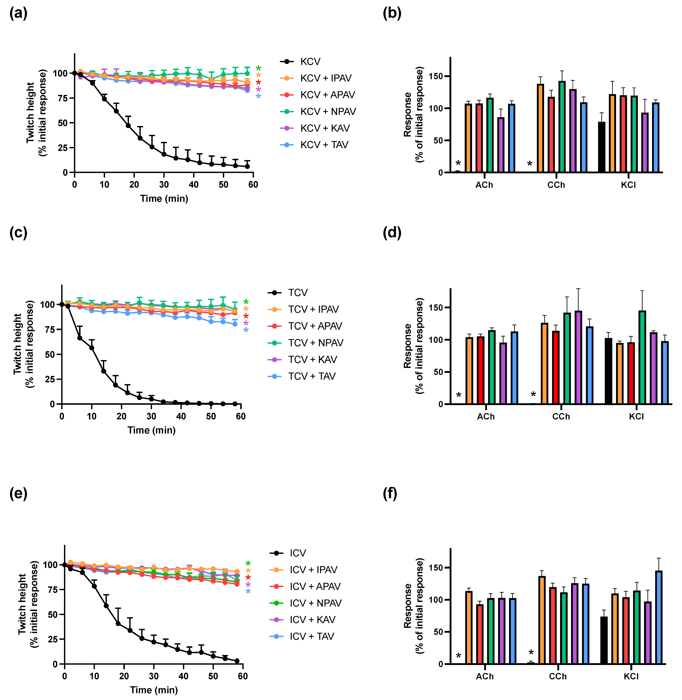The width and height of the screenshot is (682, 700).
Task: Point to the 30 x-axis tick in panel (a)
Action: click(x=164, y=184)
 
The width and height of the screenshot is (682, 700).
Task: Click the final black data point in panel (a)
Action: click(x=247, y=166)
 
